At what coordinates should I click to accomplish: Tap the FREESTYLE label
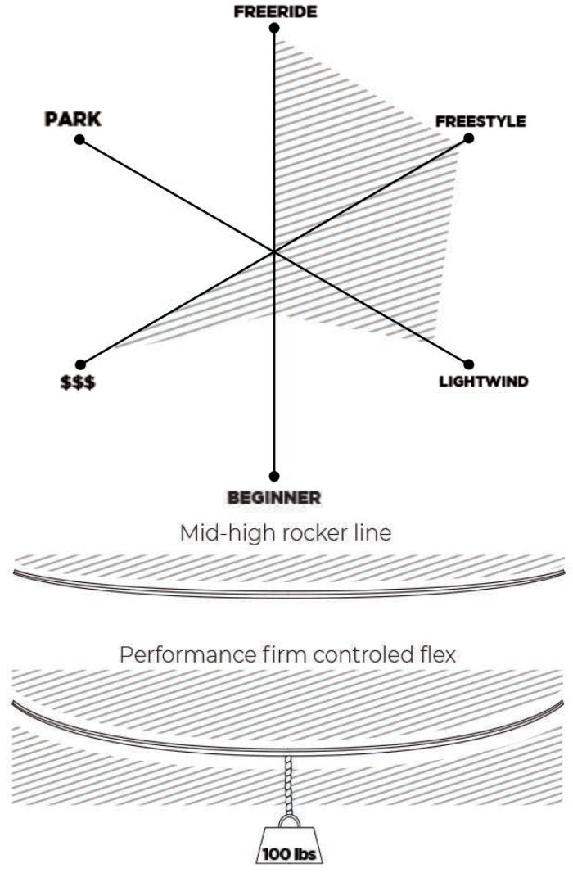(481, 121)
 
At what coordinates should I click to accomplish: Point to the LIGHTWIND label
(483, 382)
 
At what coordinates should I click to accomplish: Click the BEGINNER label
(273, 497)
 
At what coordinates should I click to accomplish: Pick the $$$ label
(79, 382)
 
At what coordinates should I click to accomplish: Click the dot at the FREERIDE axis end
(274, 28)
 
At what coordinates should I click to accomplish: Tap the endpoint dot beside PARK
(79, 140)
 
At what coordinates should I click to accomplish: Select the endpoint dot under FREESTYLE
(469, 138)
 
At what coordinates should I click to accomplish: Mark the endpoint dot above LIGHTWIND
(469, 364)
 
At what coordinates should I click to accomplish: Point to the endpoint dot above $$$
(79, 364)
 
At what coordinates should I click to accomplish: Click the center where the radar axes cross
(274, 251)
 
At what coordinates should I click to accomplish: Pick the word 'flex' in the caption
(439, 656)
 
